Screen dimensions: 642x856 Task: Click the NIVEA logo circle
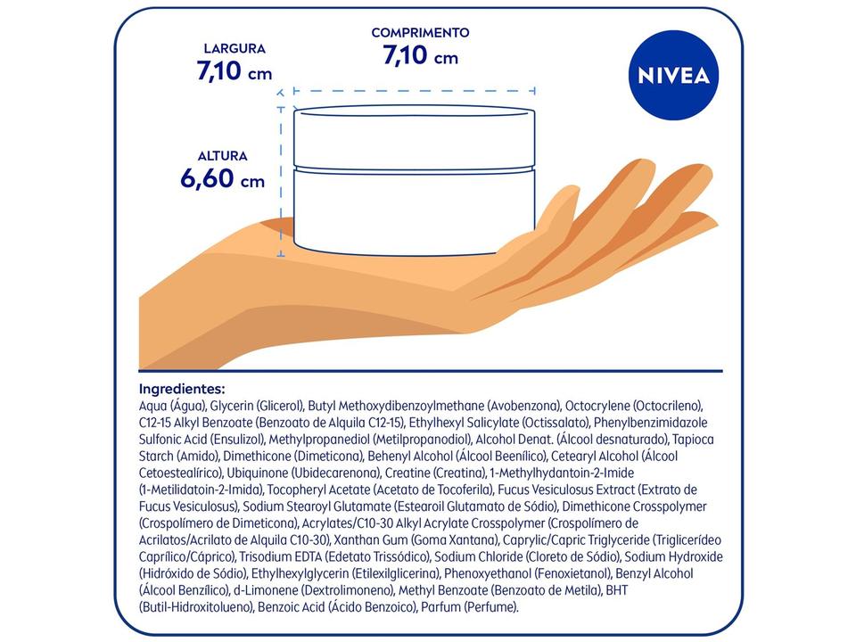[674, 75]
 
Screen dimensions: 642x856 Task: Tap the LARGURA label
[235, 49]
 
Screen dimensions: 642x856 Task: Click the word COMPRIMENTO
[420, 33]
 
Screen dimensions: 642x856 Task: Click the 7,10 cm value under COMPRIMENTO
[420, 56]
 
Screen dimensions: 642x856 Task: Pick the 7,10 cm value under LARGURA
[235, 71]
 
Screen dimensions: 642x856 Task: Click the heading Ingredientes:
[182, 389]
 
